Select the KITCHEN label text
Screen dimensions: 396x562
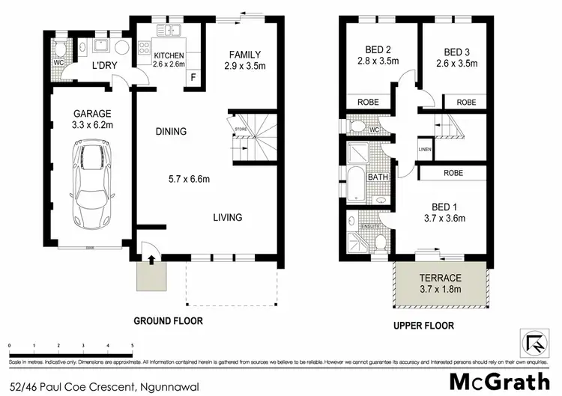coord(169,56)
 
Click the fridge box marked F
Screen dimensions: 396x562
coord(193,77)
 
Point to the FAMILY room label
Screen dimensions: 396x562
coord(244,55)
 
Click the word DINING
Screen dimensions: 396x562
coord(171,132)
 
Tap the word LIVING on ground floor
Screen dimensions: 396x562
coord(227,218)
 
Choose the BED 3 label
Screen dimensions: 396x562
coord(458,52)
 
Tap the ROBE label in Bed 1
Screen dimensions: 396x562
coord(453,172)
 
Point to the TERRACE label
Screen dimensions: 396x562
coord(440,277)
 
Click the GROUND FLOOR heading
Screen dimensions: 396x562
coord(168,321)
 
